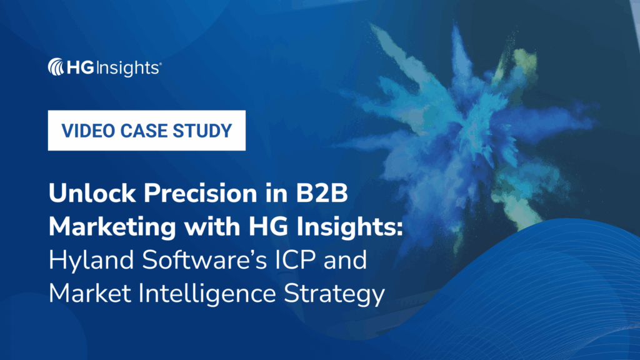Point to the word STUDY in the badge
[204, 131]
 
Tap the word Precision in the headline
[192, 194]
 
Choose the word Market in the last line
[84, 293]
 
